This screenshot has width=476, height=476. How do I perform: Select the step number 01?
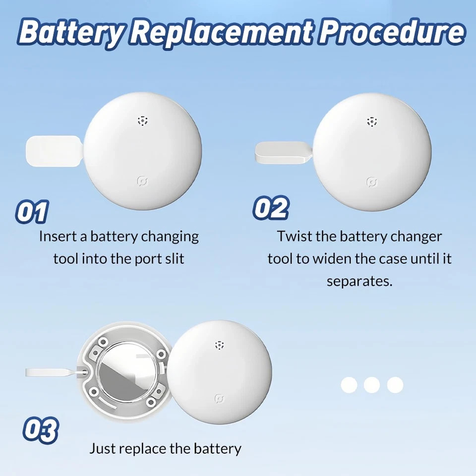[32, 211]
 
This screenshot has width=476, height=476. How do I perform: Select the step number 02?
[271, 208]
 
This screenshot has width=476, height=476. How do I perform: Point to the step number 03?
[40, 430]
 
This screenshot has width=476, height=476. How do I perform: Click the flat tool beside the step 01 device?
[54, 151]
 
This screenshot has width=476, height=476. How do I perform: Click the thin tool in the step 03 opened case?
[55, 372]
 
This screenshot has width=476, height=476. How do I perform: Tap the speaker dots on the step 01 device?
[142, 120]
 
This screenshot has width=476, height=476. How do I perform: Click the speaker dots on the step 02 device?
[372, 121]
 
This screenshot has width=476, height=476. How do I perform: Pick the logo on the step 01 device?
[143, 181]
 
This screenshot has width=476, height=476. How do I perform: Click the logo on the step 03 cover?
[220, 399]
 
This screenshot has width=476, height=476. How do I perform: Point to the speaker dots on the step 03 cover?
[220, 345]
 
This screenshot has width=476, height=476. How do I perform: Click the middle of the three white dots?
[372, 385]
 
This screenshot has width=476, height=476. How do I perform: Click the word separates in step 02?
[359, 282]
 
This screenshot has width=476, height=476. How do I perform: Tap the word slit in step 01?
[175, 259]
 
